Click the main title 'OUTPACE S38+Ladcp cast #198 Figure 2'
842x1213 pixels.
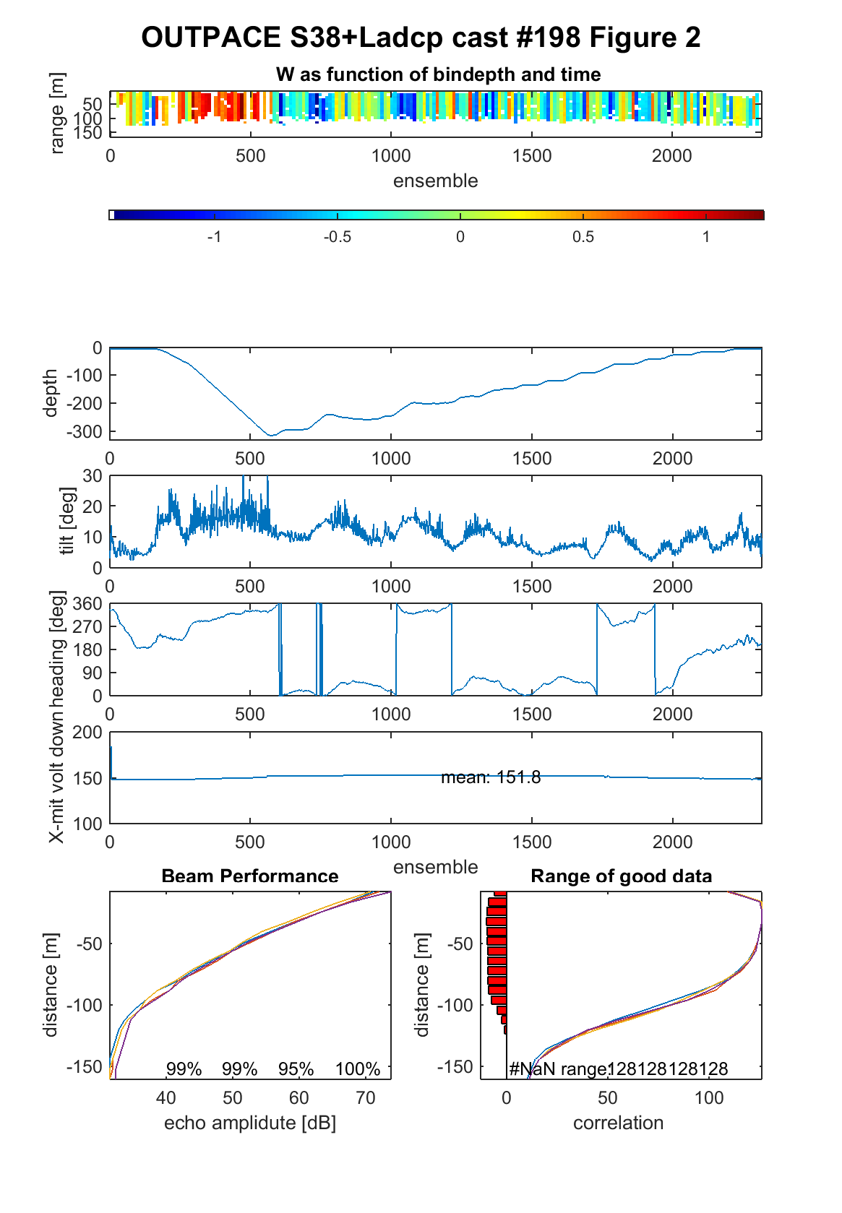[421, 38]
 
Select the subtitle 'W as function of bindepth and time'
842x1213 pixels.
[438, 74]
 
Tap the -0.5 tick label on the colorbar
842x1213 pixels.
[337, 237]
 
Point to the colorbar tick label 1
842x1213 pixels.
[706, 237]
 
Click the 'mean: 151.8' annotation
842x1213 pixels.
[491, 777]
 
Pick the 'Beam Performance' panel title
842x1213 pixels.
[250, 876]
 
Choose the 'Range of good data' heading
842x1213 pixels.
[621, 876]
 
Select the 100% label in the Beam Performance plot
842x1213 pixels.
[358, 1069]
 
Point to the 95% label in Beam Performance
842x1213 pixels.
[296, 1069]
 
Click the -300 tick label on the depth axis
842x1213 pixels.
[84, 432]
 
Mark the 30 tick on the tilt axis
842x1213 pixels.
[92, 476]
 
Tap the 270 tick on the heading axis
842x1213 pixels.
[87, 627]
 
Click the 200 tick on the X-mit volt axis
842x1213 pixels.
[87, 732]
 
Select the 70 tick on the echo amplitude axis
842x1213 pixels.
[365, 1097]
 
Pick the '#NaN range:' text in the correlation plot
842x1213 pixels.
[559, 1069]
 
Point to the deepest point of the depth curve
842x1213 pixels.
[271, 436]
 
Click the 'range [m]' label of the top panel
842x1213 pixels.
[57, 113]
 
